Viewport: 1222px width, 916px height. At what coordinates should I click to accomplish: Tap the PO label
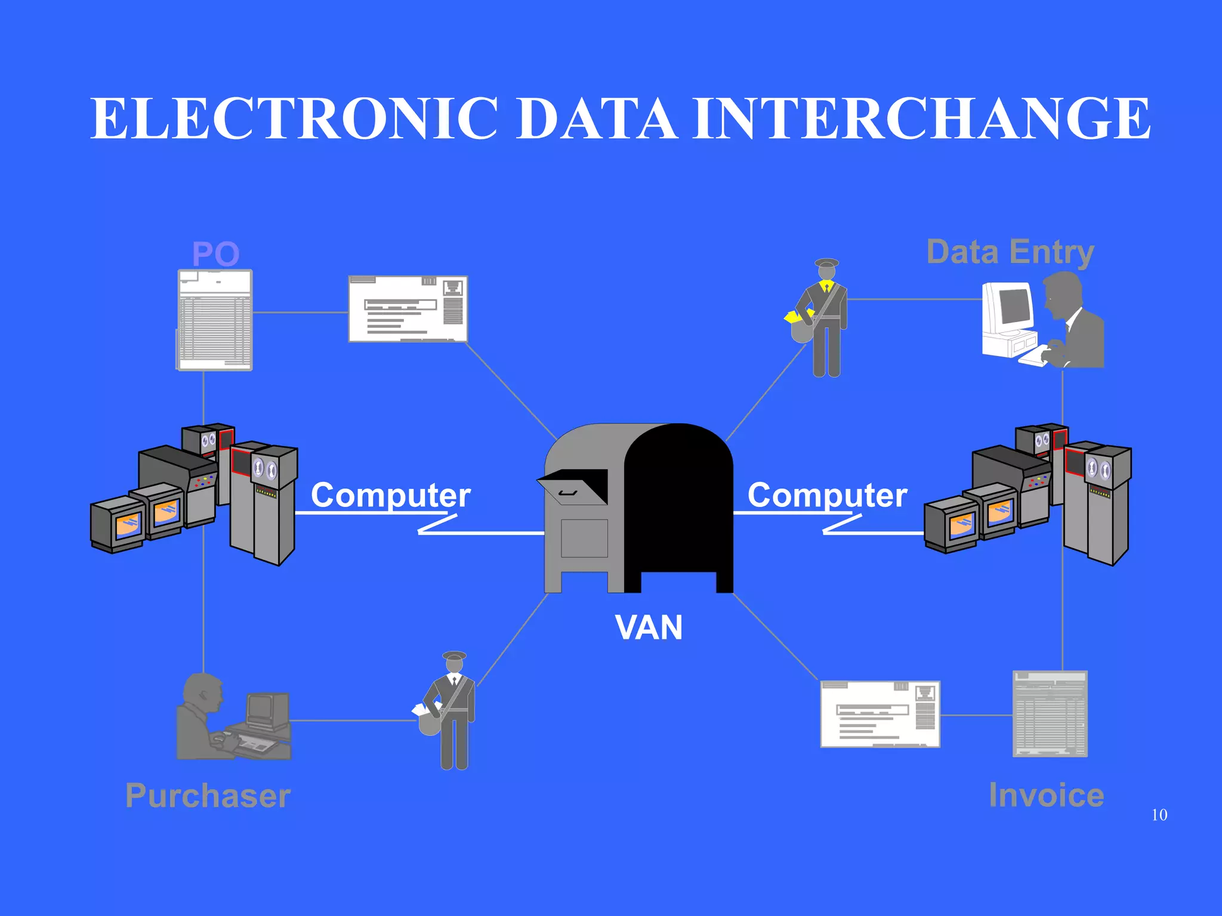(x=215, y=254)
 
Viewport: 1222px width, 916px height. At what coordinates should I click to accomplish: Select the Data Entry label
(x=1010, y=252)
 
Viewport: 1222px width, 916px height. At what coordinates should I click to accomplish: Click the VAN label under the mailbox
(x=649, y=628)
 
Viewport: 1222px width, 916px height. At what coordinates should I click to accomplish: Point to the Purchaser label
(x=208, y=796)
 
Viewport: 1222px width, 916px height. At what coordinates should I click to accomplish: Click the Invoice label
(x=1046, y=795)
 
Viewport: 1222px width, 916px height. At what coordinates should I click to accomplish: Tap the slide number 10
(x=1159, y=815)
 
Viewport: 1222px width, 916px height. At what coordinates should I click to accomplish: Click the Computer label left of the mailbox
(x=391, y=495)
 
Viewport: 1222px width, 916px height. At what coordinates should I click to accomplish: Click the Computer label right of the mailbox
(x=827, y=495)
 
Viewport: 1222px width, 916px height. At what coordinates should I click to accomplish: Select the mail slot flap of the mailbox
(x=573, y=486)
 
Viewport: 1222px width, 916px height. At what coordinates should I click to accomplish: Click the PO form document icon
(x=215, y=320)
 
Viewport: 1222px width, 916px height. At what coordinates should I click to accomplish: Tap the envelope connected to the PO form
(x=408, y=309)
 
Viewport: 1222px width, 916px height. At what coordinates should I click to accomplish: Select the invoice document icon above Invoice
(x=1050, y=714)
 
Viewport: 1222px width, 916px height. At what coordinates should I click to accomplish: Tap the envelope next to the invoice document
(x=880, y=714)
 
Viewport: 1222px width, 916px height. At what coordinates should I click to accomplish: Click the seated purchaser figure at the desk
(x=203, y=719)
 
